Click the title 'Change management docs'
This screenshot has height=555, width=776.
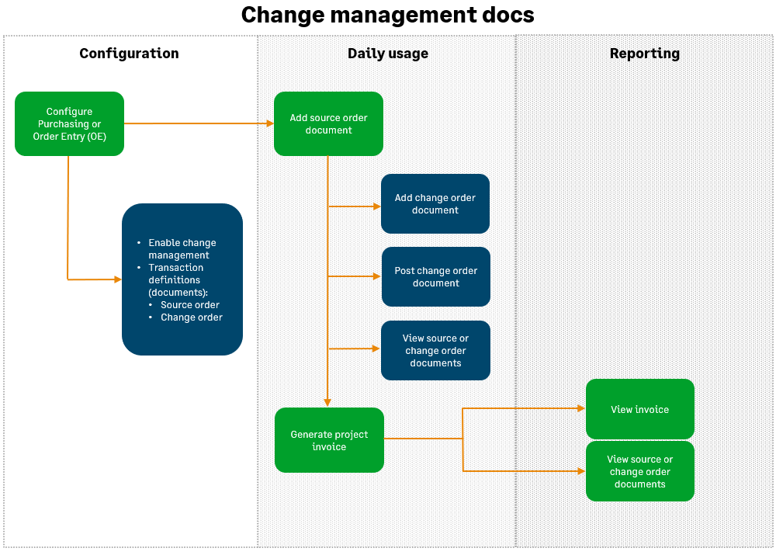point(387,15)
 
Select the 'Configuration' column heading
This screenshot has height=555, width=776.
point(129,54)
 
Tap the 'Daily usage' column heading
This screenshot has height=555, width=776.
point(387,54)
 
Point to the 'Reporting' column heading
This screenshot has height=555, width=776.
point(644,54)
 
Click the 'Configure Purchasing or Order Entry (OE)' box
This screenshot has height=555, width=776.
point(69,124)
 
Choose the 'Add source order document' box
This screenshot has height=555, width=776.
point(328,124)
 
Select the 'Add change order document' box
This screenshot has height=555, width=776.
point(435,204)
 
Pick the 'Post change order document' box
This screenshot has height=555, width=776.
point(435,277)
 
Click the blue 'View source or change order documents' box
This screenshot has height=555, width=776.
point(435,351)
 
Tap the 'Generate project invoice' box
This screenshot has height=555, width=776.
point(329,441)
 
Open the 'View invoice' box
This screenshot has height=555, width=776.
point(639,410)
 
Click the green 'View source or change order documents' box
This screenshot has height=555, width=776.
point(639,472)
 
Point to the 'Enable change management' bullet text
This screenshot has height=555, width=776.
point(182,249)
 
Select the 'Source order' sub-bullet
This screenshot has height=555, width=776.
point(189,305)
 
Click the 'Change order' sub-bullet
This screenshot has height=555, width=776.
point(191,317)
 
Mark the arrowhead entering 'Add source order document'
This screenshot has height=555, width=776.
point(269,123)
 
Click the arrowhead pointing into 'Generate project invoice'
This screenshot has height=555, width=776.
point(327,402)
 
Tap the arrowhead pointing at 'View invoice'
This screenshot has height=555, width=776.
point(581,408)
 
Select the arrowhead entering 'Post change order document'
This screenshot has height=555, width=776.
point(376,276)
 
